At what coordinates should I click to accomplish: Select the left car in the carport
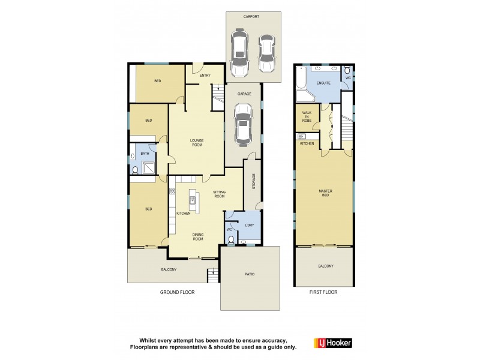pos(239,53)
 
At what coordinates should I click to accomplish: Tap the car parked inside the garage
pos(244,125)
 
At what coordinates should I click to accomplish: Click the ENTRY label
pos(205,75)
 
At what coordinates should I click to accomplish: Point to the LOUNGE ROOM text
pos(197,143)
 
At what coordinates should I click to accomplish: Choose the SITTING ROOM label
pos(220,194)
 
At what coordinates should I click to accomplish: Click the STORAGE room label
pos(253,182)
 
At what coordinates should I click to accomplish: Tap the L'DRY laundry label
pos(250,225)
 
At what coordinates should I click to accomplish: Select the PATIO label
pos(250,274)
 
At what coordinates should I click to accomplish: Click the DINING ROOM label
pos(197,236)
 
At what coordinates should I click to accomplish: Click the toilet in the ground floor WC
pos(232,240)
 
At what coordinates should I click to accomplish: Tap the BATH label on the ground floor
pos(145,154)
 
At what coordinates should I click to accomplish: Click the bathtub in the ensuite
pos(301,77)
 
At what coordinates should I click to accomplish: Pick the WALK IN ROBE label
pos(307,116)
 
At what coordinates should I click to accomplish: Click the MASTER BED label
pos(325,194)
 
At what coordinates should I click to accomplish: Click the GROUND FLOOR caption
pos(177,292)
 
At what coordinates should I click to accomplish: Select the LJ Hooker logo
pos(333,343)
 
